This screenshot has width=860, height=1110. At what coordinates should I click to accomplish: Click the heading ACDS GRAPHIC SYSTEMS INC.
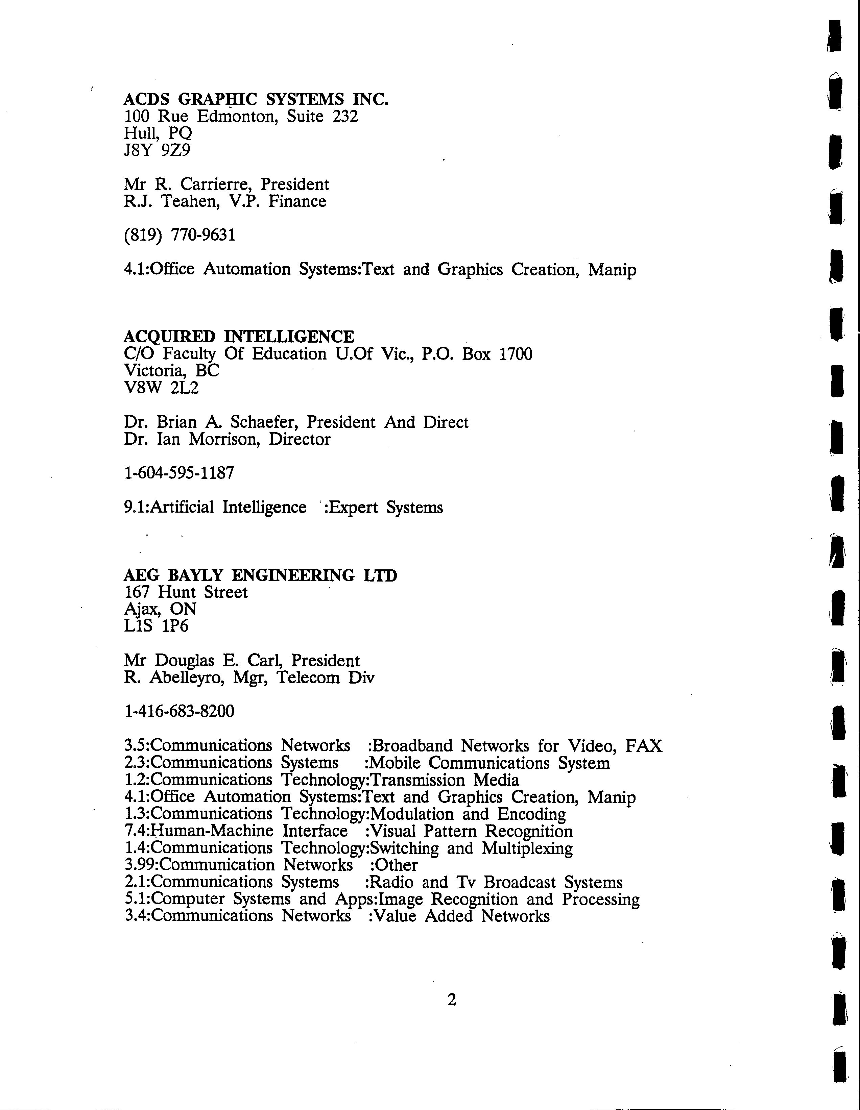(x=256, y=99)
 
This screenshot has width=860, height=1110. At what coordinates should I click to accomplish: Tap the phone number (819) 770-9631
(x=180, y=235)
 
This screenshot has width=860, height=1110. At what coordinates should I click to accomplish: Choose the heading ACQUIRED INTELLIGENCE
(x=239, y=337)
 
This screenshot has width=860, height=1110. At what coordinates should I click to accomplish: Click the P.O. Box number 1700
(x=516, y=354)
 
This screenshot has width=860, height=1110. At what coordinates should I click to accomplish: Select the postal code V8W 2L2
(x=161, y=388)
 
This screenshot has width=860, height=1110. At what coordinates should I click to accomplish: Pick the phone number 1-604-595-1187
(x=179, y=473)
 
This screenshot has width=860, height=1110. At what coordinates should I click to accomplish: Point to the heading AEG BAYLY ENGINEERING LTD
(x=260, y=575)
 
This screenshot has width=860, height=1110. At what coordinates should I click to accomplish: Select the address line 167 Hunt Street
(x=186, y=592)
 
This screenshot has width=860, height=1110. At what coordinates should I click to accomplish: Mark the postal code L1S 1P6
(x=156, y=626)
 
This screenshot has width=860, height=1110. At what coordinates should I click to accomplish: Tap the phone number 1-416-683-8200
(x=179, y=711)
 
